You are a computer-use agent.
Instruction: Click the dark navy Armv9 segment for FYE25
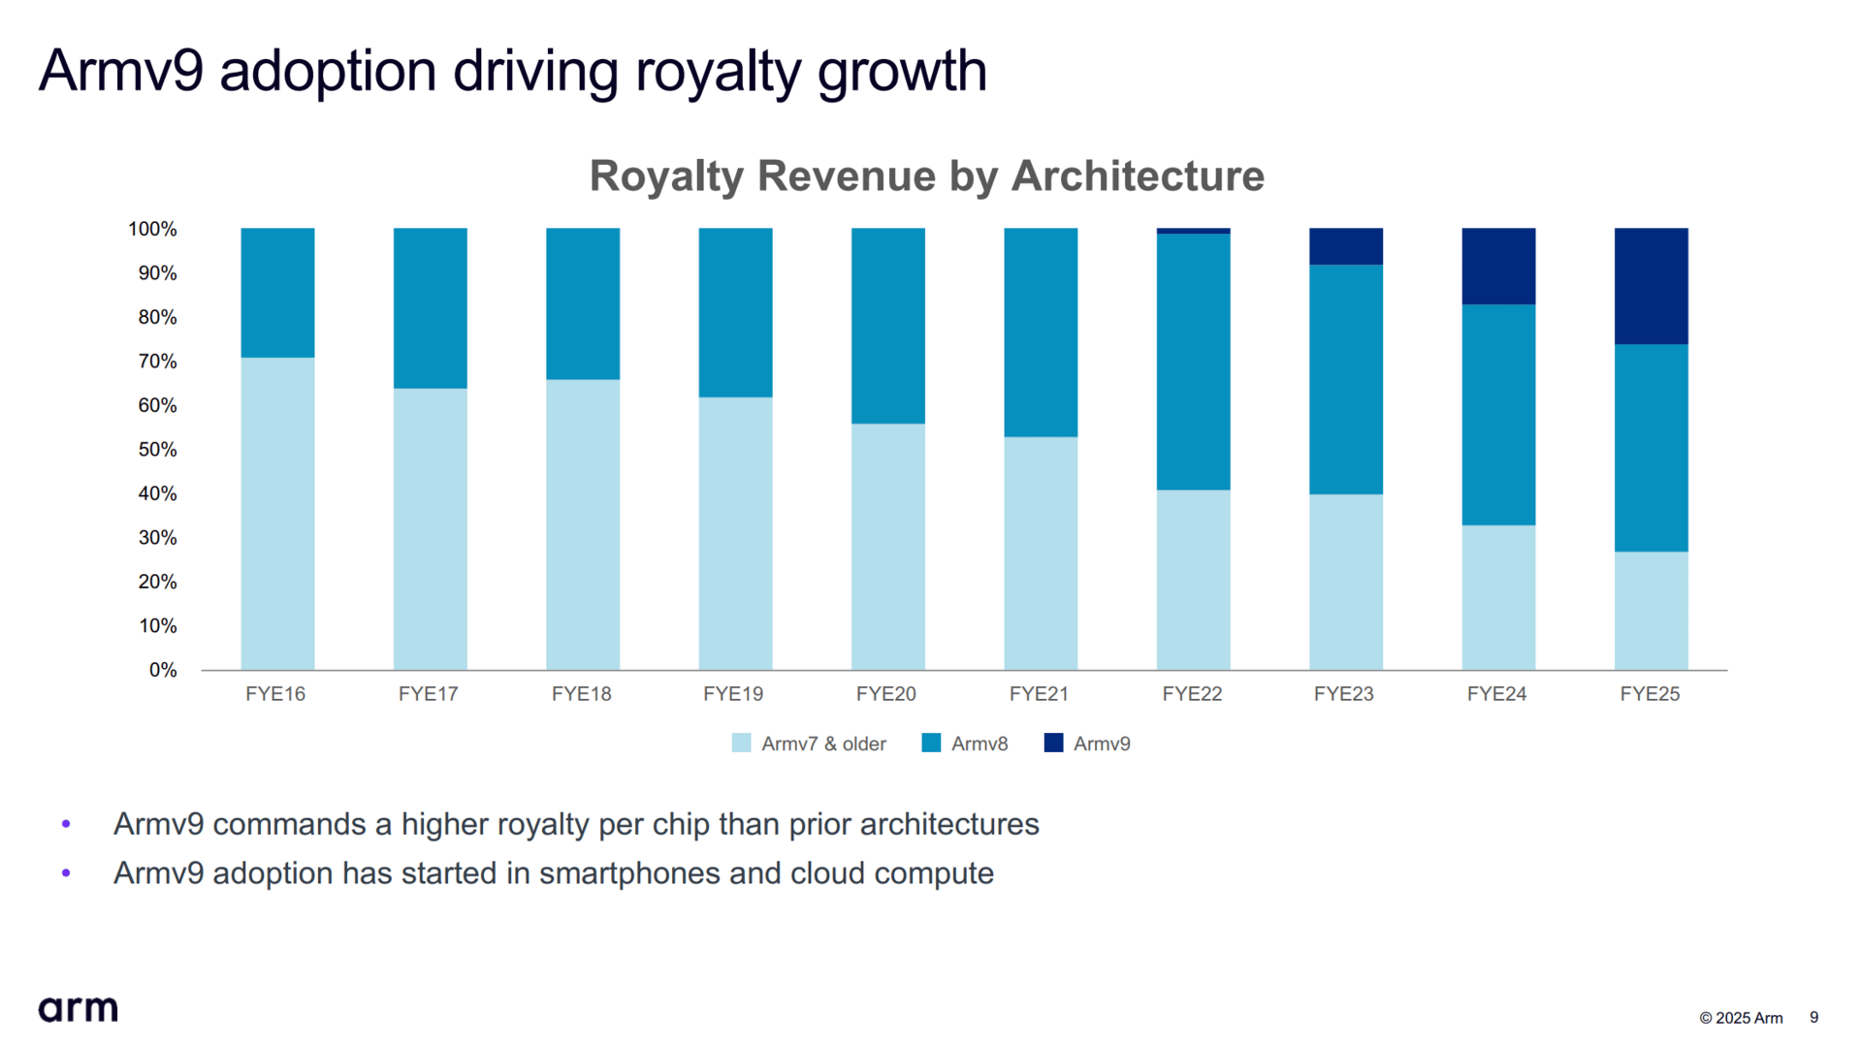click(1651, 286)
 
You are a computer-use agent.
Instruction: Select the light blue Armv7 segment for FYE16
click(277, 513)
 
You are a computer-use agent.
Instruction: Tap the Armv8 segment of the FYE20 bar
click(887, 326)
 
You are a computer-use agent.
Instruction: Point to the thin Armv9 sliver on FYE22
click(1193, 231)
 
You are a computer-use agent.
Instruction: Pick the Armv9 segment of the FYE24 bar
click(1498, 267)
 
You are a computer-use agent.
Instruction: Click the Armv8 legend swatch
click(931, 744)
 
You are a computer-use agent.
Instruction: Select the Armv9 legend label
click(1102, 744)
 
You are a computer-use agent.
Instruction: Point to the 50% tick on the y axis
click(157, 450)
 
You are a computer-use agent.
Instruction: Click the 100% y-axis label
click(153, 229)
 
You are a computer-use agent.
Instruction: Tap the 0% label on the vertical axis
click(163, 670)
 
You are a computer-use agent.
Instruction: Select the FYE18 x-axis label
click(581, 694)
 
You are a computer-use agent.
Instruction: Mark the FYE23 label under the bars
click(1343, 694)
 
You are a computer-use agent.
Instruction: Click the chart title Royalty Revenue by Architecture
click(926, 175)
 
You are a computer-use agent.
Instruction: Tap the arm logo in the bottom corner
click(78, 1009)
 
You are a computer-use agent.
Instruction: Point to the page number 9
click(1814, 1017)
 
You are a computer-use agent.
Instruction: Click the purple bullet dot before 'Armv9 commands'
click(66, 824)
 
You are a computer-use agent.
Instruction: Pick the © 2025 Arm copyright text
click(1741, 1018)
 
